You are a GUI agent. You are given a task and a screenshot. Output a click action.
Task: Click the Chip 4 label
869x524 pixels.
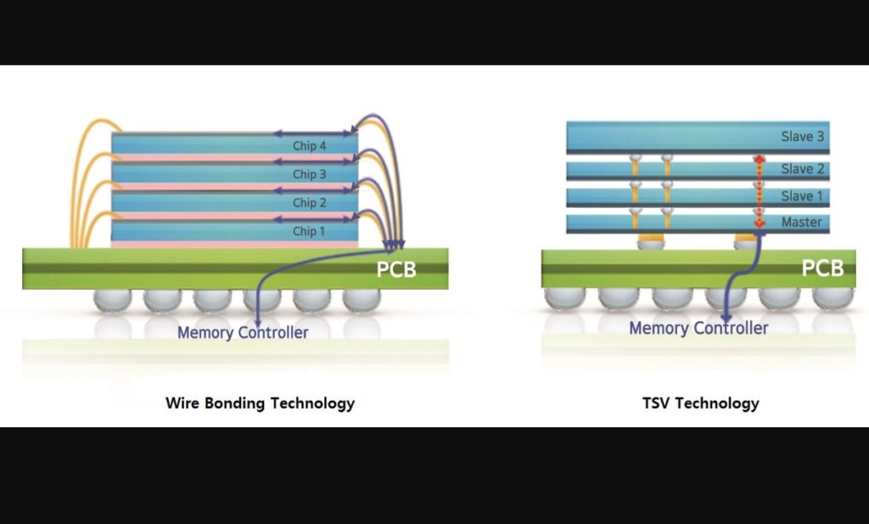pyautogui.click(x=309, y=146)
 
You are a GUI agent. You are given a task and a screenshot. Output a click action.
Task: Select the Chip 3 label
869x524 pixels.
pyautogui.click(x=309, y=174)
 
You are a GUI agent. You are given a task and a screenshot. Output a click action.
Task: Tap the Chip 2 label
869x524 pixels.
pyautogui.click(x=309, y=203)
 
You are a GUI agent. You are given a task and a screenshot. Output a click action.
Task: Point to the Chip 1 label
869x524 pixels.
pyautogui.click(x=309, y=231)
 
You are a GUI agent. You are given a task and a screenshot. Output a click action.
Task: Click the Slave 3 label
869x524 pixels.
pyautogui.click(x=803, y=137)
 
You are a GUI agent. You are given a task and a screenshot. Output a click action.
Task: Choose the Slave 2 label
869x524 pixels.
pyautogui.click(x=803, y=168)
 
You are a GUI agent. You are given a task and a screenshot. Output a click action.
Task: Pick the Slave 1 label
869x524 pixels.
pyautogui.click(x=803, y=195)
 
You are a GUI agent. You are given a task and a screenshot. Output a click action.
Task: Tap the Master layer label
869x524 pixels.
pyautogui.click(x=801, y=222)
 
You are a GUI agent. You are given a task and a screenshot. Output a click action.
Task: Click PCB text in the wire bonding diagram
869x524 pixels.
pyautogui.click(x=396, y=269)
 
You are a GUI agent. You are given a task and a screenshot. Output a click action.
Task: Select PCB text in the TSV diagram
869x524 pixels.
pyautogui.click(x=822, y=268)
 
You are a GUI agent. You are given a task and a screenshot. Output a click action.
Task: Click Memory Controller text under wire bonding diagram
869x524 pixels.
pyautogui.click(x=243, y=333)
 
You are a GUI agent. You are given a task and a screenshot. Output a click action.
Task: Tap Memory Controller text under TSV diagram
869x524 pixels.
pyautogui.click(x=698, y=329)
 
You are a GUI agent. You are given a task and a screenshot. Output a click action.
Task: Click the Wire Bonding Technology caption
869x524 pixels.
pyautogui.click(x=260, y=403)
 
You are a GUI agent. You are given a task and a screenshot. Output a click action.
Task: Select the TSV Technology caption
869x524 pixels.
pyautogui.click(x=700, y=403)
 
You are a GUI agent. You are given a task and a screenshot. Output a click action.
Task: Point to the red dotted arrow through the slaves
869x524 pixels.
pyautogui.click(x=760, y=191)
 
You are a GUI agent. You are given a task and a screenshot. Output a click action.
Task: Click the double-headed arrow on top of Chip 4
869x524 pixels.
pyautogui.click(x=313, y=133)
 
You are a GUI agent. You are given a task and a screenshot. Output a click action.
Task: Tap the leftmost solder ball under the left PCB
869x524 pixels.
pyautogui.click(x=113, y=300)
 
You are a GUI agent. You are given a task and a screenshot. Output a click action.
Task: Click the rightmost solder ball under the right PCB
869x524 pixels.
pyautogui.click(x=833, y=298)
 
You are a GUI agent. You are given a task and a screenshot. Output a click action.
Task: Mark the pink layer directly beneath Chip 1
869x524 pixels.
pyautogui.click(x=235, y=244)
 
